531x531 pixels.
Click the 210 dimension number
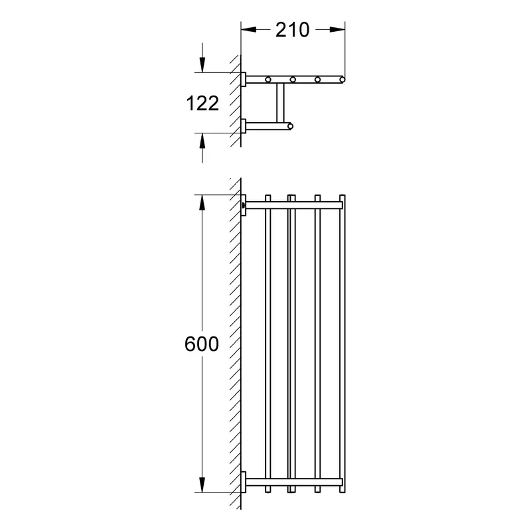[x=292, y=30]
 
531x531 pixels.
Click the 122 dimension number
[x=202, y=103]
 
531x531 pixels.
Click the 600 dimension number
[x=202, y=344]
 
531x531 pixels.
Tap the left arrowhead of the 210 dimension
[x=248, y=30]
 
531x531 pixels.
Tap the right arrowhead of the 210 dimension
[x=337, y=30]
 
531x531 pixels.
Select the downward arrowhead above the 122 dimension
[x=202, y=64]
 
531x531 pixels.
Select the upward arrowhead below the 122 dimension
[x=202, y=141]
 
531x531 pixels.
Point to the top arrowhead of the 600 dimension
[x=202, y=202]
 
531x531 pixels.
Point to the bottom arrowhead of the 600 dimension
[x=202, y=485]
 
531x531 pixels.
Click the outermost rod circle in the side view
[x=342, y=80]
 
